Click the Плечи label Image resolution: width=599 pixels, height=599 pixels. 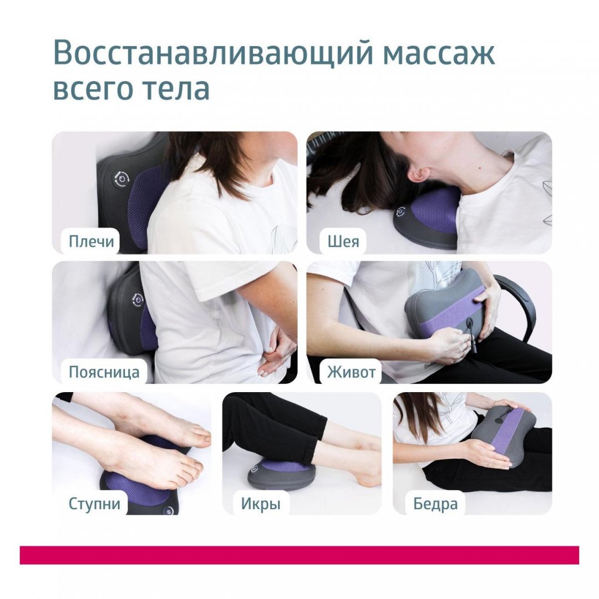coord(92,242)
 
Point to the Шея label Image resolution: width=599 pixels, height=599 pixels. coord(343,242)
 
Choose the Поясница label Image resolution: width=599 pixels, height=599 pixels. coord(104,372)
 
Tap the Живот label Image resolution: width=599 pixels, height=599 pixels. coord(351,372)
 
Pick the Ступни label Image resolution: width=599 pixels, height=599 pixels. coord(94,504)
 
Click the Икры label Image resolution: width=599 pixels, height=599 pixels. coord(261,504)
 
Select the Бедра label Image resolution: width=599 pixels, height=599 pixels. coord(435,504)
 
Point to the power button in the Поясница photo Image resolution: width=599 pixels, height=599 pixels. coord(138,300)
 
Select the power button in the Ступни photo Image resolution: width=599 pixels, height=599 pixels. coord(169,510)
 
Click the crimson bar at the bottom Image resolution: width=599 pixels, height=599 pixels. coord(299,555)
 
